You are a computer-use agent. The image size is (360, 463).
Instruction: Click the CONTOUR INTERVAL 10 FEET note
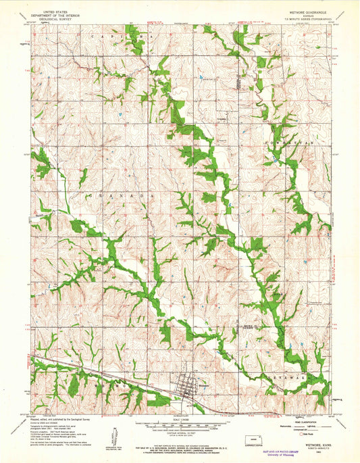point(180,433)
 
